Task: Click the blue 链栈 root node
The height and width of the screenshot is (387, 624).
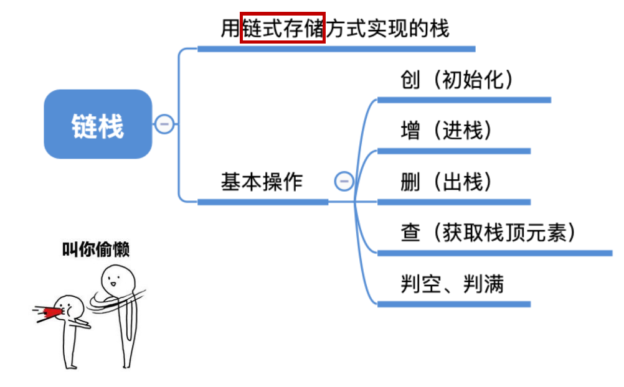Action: coord(98,124)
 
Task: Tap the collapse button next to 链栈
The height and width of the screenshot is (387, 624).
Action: coord(164,124)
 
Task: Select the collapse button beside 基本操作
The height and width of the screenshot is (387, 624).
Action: coord(344,182)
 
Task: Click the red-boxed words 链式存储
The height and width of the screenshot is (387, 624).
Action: coord(283,28)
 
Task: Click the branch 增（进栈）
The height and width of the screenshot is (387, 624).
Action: coord(447,131)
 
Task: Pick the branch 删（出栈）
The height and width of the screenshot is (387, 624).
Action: coord(447,182)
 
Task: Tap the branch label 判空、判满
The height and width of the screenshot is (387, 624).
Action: coord(452,284)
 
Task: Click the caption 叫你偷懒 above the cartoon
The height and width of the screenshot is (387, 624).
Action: coord(96,249)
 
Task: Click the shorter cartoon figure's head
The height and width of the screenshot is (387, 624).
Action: coord(73,305)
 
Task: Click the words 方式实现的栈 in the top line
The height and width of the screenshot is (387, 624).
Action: coord(388,28)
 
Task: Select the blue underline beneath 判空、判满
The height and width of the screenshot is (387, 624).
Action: coord(453,304)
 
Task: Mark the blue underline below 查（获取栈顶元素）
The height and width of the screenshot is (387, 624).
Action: coord(494,253)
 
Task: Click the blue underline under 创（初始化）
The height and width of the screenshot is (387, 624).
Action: coord(464,100)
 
